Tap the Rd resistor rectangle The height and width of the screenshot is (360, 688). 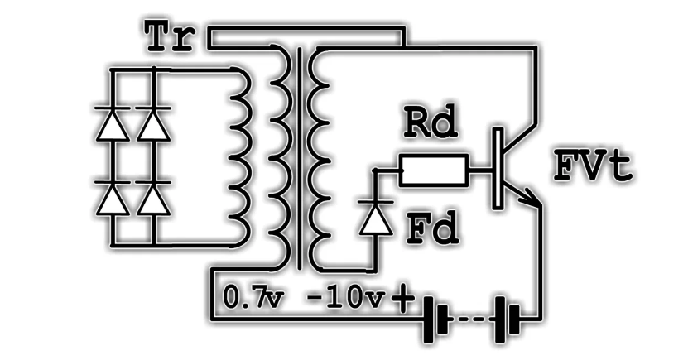[435, 171]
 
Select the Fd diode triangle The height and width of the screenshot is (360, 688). [377, 218]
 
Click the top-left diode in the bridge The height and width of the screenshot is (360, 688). [113, 124]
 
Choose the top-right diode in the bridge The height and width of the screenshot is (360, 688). [151, 124]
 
